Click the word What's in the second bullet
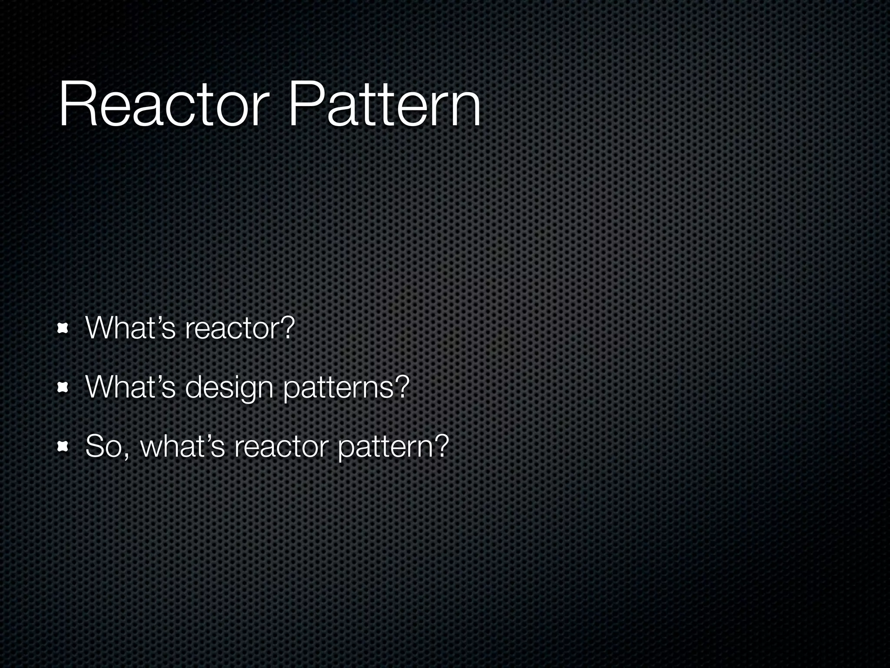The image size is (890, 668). [x=130, y=387]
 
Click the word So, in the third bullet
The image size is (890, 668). [x=107, y=447]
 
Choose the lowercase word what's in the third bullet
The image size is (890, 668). [x=182, y=446]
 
